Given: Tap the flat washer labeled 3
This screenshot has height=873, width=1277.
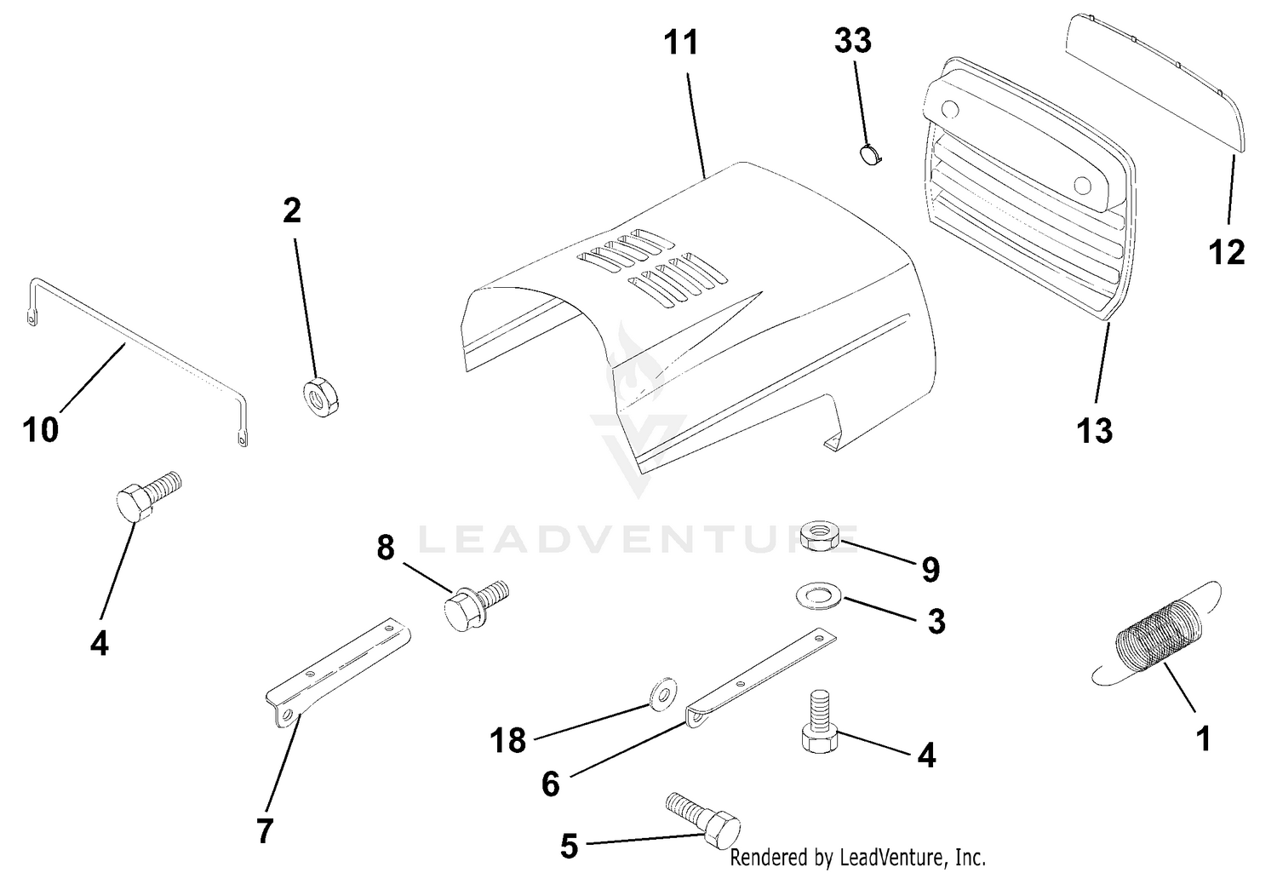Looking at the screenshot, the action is click(x=819, y=596).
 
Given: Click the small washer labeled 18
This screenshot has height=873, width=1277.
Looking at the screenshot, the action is click(x=663, y=694).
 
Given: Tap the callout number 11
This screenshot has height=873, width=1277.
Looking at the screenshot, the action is click(x=681, y=43).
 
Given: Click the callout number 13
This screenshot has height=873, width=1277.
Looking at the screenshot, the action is click(x=1094, y=430).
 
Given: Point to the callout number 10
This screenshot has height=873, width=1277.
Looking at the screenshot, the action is click(x=41, y=430).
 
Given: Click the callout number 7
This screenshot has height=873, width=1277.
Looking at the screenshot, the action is click(x=265, y=830).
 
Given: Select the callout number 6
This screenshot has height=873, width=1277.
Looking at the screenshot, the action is click(x=550, y=784).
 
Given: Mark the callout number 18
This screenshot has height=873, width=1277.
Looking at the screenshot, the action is click(x=507, y=741).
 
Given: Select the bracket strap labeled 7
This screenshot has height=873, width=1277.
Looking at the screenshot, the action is click(x=338, y=672).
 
